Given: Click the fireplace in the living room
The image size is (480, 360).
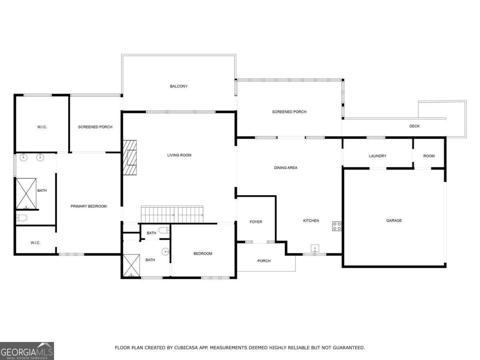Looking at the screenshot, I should point(130,158).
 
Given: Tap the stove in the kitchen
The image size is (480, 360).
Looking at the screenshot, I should point(337,226).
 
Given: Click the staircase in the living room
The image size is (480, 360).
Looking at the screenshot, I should point(172,214).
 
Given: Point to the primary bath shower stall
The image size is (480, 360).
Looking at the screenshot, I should point(26,194).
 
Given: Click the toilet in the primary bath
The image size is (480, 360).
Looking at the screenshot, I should point(22,218).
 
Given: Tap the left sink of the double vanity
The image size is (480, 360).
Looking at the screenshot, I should point(24,157).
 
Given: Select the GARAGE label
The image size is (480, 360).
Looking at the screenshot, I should point(394,220).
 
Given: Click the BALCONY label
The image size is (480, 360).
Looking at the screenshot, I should point(179,86).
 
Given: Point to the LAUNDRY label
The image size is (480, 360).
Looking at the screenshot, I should point(378,156).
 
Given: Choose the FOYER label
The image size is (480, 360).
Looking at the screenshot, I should point(256,222).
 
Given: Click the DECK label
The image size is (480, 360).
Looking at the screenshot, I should point(414,126).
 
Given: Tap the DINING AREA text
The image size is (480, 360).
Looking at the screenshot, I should point(286,168).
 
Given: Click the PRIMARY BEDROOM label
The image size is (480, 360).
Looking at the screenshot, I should point(89,206).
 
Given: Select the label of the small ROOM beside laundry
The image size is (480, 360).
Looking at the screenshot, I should point(429,156).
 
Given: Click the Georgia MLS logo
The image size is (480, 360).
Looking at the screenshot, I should point(27,351).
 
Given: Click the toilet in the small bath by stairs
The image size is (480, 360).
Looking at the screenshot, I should point(163,230).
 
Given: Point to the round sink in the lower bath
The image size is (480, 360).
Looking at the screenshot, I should point(166,252).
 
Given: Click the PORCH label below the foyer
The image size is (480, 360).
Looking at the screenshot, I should point(264,261).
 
